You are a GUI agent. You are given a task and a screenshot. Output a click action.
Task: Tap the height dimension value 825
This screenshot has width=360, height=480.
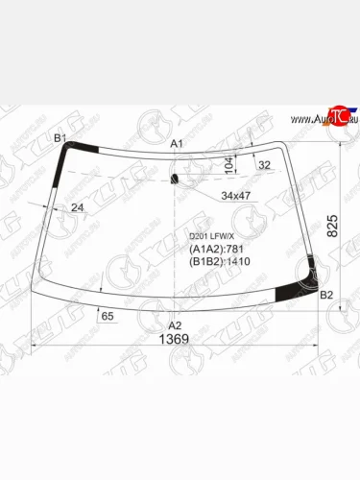coord(332,226)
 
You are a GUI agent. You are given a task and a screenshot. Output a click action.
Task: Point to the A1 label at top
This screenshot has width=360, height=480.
coord(177,143)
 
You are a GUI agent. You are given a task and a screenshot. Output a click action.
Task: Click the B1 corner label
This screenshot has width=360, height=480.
coord(60,138)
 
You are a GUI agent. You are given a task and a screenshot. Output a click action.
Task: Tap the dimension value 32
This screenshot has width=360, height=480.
coord(263,164)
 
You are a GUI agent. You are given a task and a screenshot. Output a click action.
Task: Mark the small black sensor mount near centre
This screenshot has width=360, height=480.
coord(174,179)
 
